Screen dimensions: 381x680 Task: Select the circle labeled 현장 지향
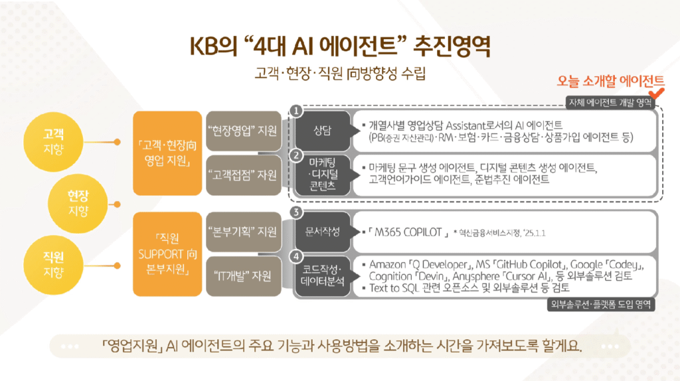point(77,203)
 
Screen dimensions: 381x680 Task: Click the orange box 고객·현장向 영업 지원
point(167,153)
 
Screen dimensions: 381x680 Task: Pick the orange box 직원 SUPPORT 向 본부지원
point(167,253)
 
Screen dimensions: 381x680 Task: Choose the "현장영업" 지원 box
point(242,130)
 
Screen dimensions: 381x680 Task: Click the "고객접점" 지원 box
point(242,175)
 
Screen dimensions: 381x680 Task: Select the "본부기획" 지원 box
point(242,232)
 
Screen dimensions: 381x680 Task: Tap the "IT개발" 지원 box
point(242,277)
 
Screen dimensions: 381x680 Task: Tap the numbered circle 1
point(297,110)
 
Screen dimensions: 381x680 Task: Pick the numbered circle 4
point(297,256)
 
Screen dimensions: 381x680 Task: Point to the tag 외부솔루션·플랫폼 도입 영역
point(601,305)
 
